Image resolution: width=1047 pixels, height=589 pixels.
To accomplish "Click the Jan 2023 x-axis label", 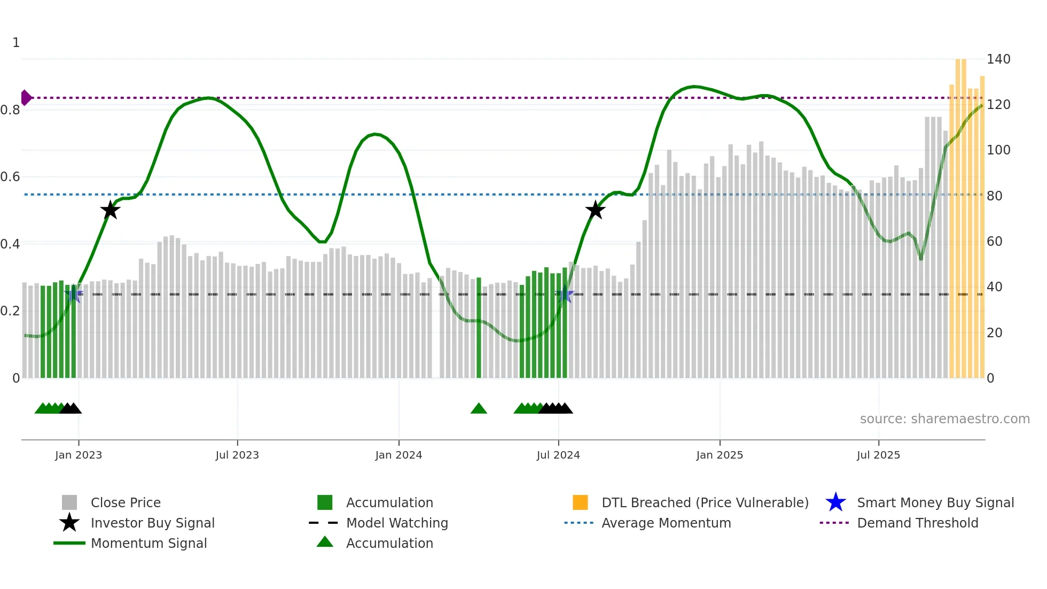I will [x=79, y=455].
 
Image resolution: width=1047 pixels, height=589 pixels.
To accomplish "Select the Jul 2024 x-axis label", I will [x=558, y=455].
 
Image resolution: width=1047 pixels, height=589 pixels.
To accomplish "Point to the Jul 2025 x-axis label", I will [x=878, y=455].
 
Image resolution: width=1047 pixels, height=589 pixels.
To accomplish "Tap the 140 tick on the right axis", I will [x=998, y=59].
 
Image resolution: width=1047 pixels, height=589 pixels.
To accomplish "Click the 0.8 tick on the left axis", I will [x=11, y=110].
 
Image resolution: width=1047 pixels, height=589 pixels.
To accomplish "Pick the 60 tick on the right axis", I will [x=995, y=242].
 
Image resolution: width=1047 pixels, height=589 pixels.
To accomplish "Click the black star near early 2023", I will [x=110, y=210].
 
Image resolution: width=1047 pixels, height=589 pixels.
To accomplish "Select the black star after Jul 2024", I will [x=595, y=210].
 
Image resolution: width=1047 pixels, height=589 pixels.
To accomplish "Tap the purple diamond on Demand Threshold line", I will [x=25, y=98].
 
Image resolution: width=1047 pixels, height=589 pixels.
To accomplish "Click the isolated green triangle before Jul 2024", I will [x=479, y=409].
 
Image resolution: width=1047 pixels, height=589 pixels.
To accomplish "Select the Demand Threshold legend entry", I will [x=917, y=523].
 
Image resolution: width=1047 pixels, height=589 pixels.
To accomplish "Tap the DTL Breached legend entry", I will [x=705, y=503].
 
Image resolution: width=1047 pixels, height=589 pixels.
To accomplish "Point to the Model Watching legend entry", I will [x=397, y=523].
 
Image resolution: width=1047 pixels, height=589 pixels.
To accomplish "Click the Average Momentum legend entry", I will [x=666, y=523].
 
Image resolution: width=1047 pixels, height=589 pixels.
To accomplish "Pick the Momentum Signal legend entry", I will [x=149, y=544].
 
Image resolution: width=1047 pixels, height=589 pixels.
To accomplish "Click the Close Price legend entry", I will [x=126, y=503].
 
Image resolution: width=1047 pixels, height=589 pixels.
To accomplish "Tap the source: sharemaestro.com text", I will [x=944, y=419].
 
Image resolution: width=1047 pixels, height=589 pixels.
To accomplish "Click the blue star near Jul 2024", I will [x=565, y=294].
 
